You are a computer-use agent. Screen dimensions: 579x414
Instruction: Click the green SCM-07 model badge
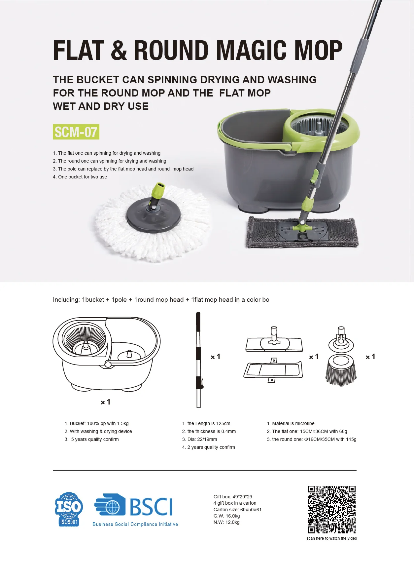[76, 132]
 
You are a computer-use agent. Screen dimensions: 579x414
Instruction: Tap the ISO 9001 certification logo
[69, 509]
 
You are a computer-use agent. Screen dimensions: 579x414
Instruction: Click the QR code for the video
[331, 509]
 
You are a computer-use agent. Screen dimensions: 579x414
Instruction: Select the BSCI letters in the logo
[151, 507]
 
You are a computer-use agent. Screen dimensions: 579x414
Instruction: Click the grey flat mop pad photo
[302, 232]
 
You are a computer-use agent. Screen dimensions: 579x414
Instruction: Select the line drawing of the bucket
[106, 354]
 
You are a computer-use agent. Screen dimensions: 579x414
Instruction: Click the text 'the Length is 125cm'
[209, 423]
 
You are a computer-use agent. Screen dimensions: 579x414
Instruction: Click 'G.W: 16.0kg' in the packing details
[226, 516]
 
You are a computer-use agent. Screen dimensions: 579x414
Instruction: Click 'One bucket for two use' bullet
[82, 177]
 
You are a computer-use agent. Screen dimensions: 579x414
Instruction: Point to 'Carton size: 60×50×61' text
[237, 510]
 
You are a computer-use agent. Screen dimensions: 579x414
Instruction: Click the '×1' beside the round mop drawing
[370, 357]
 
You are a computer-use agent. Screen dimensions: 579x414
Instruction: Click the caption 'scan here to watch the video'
[331, 538]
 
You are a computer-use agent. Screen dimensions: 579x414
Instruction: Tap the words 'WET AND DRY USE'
[101, 106]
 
